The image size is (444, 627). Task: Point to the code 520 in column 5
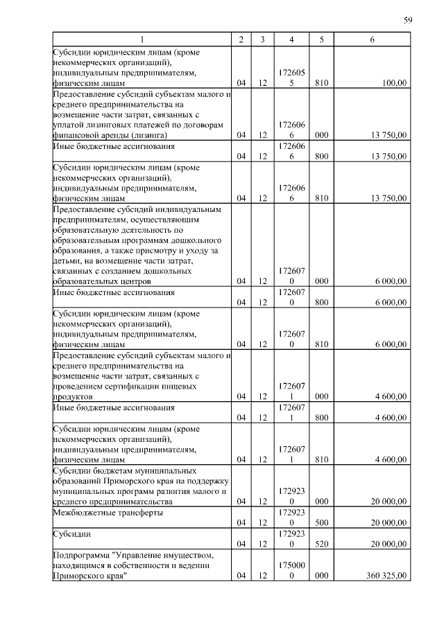[321, 544]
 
